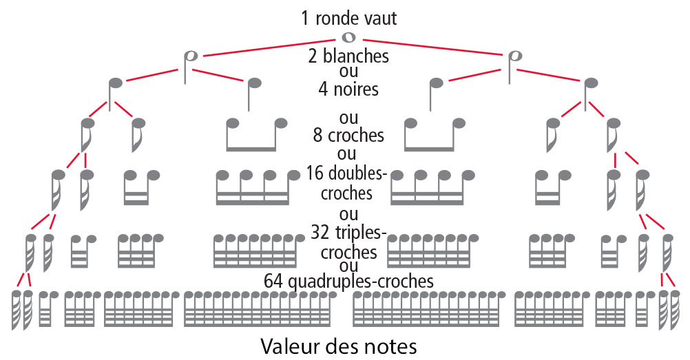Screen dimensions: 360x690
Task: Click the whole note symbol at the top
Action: click(348, 36)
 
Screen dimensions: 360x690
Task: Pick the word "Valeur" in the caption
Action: click(292, 345)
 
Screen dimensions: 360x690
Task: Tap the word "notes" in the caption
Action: click(390, 345)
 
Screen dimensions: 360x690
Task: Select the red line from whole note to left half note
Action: click(269, 46)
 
